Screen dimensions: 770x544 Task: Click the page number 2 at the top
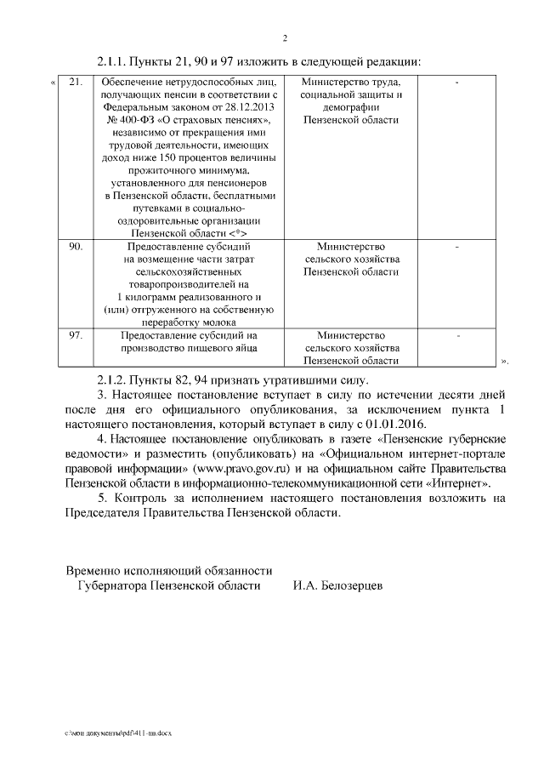[285, 38]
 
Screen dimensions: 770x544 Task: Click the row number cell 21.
[76, 82]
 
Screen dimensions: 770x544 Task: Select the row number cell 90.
[76, 247]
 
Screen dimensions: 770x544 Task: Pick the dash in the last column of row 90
[457, 248]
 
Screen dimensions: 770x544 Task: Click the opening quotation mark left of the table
[54, 83]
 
